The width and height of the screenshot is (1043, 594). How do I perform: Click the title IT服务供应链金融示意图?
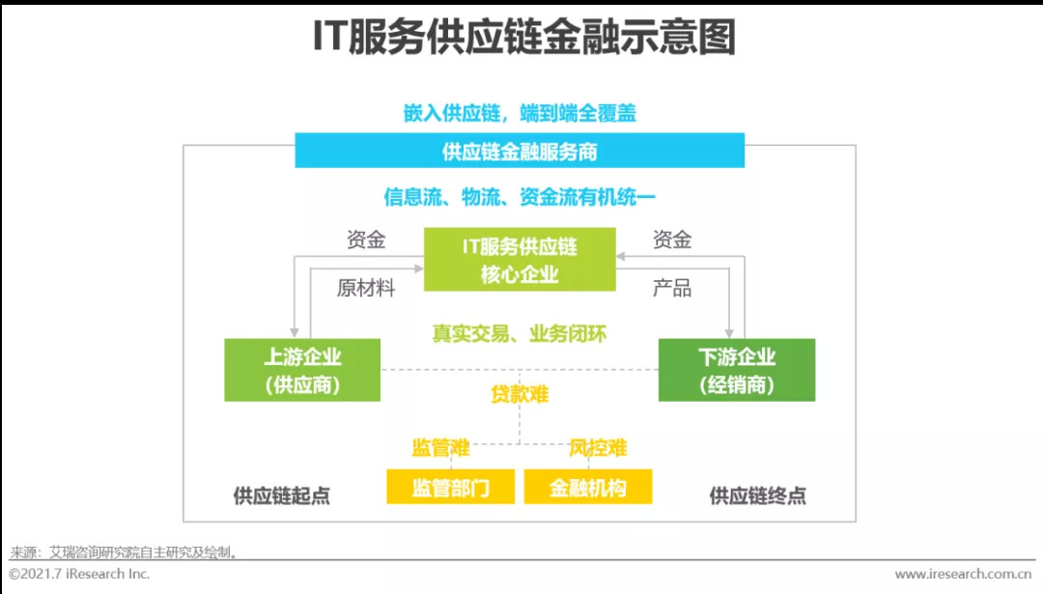(x=522, y=40)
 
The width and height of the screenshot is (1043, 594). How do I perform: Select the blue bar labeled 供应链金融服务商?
(x=520, y=152)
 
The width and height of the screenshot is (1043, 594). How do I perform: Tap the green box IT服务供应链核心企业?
(x=520, y=259)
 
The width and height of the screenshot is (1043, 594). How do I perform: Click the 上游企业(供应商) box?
(x=302, y=370)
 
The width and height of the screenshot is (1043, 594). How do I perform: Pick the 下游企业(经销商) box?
(x=737, y=370)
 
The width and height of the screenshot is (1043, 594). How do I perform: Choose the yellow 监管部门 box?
(x=451, y=488)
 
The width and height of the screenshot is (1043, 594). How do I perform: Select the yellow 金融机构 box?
(x=588, y=488)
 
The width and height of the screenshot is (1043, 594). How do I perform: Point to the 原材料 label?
(x=366, y=288)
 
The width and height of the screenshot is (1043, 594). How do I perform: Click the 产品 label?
(x=672, y=288)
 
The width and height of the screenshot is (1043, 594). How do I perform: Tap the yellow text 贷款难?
(x=520, y=394)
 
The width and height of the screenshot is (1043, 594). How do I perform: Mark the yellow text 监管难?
(x=440, y=447)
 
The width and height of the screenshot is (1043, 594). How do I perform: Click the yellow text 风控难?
(x=598, y=447)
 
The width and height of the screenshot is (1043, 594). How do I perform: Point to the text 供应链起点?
(x=282, y=495)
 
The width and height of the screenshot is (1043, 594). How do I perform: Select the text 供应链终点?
(x=758, y=495)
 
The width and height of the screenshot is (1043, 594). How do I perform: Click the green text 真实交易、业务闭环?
(x=520, y=334)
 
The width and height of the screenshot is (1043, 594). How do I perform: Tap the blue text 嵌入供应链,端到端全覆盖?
(x=520, y=113)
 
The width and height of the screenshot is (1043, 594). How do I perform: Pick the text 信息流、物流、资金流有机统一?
(x=520, y=198)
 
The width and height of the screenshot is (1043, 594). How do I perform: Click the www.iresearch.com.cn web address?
(x=963, y=574)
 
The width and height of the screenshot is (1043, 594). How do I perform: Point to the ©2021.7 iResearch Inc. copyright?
(x=79, y=574)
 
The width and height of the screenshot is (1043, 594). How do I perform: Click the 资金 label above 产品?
(x=672, y=240)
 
